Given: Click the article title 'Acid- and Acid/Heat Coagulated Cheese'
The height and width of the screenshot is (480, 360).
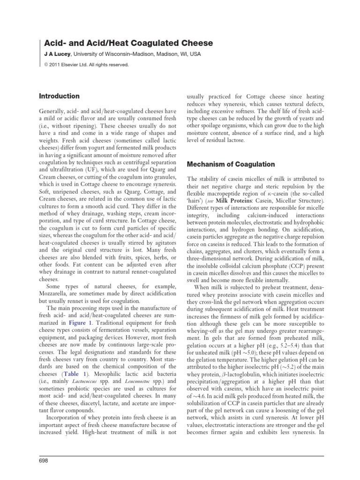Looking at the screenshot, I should pyautogui.click(x=125, y=43).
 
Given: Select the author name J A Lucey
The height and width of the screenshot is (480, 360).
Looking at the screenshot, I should pyautogui.click(x=54, y=54).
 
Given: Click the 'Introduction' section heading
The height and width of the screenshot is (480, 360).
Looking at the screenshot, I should pyautogui.click(x=59, y=96).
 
